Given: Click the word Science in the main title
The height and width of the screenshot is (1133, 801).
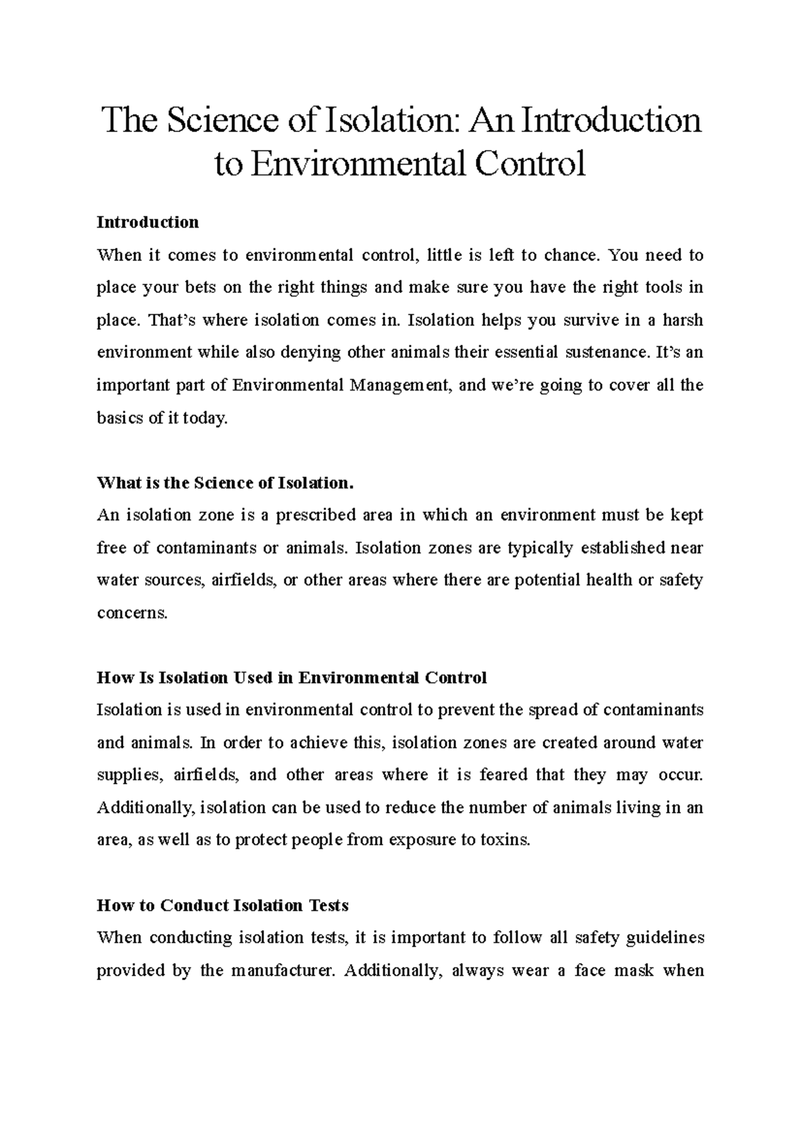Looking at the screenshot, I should point(223,121).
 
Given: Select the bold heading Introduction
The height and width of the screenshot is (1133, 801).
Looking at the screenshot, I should point(148,222).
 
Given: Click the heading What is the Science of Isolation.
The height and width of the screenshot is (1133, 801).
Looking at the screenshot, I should point(224,483).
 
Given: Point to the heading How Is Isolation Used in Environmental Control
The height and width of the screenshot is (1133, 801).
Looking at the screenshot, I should point(292,678).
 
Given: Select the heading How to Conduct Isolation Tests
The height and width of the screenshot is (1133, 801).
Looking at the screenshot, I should point(222,905).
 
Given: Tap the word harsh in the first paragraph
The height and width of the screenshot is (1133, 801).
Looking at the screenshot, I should point(683,320).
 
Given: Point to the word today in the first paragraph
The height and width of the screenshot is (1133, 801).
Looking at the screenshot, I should point(207,418).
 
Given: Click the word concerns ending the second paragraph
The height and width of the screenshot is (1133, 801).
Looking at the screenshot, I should point(131,613).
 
